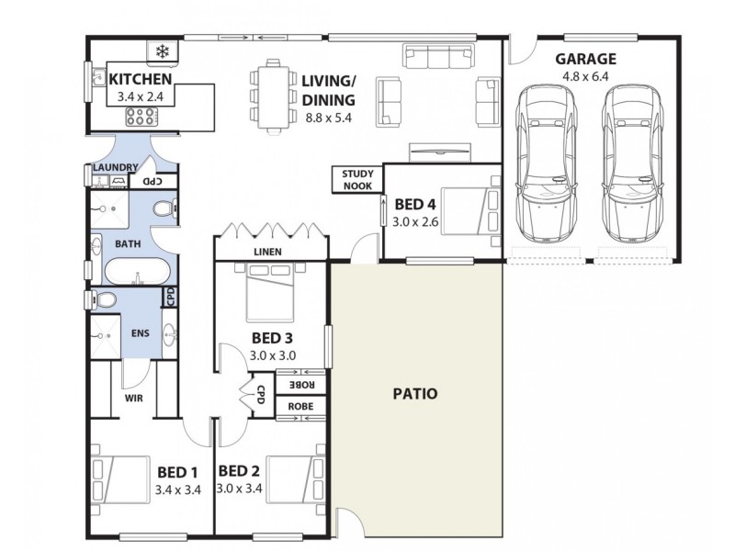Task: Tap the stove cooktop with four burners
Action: click(x=141, y=117)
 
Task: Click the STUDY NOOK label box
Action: click(x=356, y=179)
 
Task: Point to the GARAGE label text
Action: click(x=585, y=60)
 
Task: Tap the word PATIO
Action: click(x=415, y=394)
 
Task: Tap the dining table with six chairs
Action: click(x=273, y=95)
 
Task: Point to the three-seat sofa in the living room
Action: click(x=436, y=58)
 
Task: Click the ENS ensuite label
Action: click(x=141, y=332)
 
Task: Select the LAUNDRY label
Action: click(x=116, y=167)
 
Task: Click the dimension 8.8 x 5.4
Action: click(x=328, y=117)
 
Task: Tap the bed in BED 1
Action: click(x=120, y=480)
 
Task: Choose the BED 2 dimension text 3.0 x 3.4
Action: click(x=240, y=489)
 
